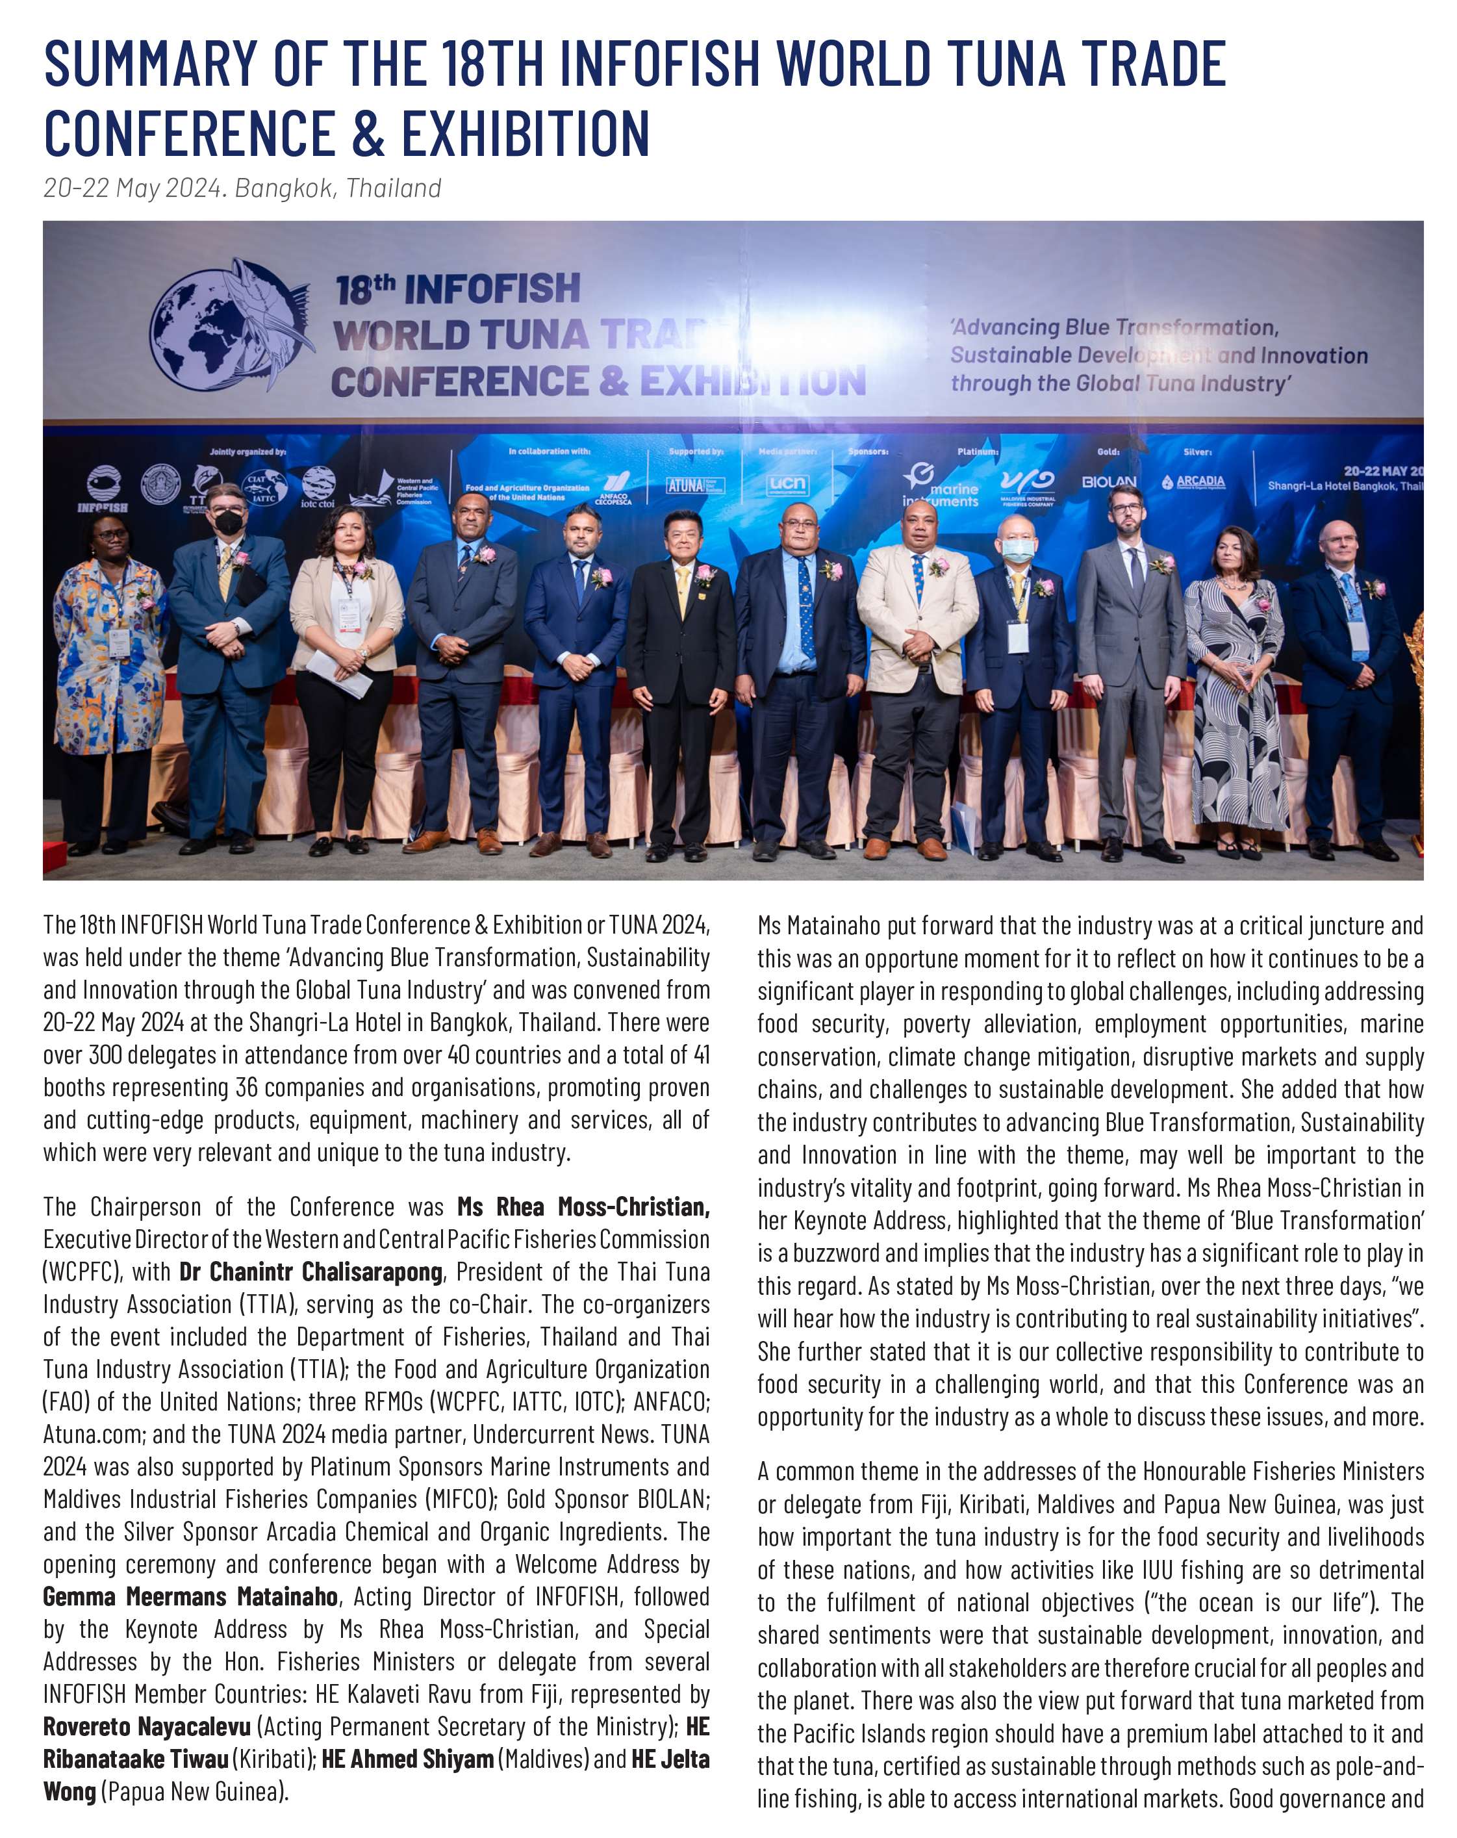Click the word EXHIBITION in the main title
[x=525, y=134]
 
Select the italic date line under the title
[x=242, y=188]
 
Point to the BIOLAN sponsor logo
[x=1108, y=481]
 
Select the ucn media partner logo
[x=786, y=484]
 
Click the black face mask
[x=227, y=522]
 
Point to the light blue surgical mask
[x=1017, y=550]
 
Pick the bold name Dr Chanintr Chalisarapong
[x=310, y=1272]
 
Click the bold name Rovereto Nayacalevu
[x=147, y=1726]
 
